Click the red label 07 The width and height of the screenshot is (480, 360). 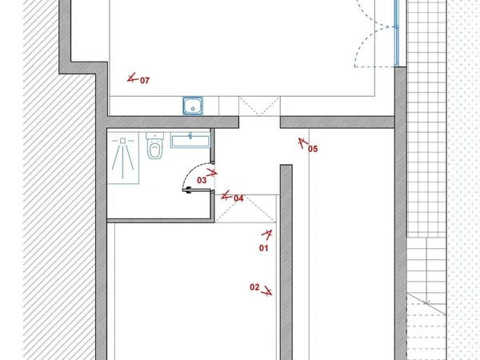pyautogui.click(x=145, y=81)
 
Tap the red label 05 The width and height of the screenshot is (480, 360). pyautogui.click(x=313, y=149)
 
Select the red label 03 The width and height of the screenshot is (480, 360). pyautogui.click(x=202, y=180)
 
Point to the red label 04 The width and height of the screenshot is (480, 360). pyautogui.click(x=238, y=198)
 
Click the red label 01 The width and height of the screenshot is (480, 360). pyautogui.click(x=263, y=248)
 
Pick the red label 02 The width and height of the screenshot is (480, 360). pyautogui.click(x=254, y=287)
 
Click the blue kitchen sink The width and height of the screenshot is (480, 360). pyautogui.click(x=193, y=106)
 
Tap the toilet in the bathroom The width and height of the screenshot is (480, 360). pyautogui.click(x=155, y=146)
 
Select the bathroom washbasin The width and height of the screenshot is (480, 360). pyautogui.click(x=190, y=140)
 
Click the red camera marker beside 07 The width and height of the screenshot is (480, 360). pyautogui.click(x=132, y=78)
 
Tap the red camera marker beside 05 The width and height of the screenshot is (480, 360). pyautogui.click(x=303, y=143)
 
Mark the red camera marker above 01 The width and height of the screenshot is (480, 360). pyautogui.click(x=267, y=234)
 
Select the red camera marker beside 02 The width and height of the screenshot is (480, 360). pyautogui.click(x=267, y=291)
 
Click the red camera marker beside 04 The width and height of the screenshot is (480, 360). pyautogui.click(x=226, y=196)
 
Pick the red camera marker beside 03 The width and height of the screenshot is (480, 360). pyautogui.click(x=212, y=174)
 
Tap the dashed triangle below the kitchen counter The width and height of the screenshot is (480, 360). pyautogui.click(x=259, y=106)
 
